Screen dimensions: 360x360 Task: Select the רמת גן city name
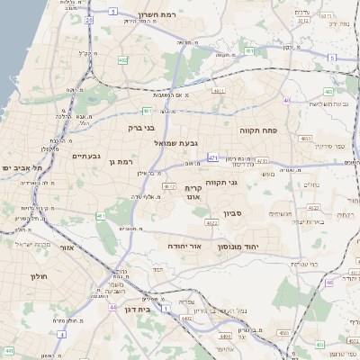120,162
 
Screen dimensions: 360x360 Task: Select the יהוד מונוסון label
238,245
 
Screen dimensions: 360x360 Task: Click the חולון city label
38,276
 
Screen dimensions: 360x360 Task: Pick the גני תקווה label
221,183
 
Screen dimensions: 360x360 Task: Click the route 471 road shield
213,157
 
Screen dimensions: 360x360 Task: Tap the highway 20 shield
88,19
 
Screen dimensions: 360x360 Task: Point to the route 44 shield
113,307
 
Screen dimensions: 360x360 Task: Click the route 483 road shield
305,139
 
